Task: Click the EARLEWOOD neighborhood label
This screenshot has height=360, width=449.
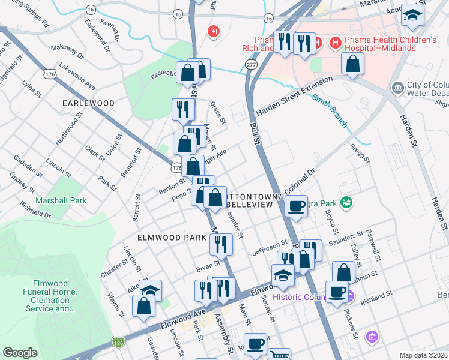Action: pos(88,103)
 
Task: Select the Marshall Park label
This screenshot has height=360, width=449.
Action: pos(61,200)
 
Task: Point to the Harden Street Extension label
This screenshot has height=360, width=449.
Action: pos(294,96)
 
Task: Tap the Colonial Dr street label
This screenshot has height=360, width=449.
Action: pos(300,181)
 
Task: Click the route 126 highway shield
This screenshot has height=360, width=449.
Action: pos(118,342)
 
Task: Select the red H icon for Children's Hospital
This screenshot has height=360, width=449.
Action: pos(336,43)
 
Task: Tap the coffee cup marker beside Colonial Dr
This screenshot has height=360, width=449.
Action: pos(296,206)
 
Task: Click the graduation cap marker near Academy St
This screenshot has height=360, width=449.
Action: pos(412,16)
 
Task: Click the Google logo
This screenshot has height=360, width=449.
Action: pos(20,353)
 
